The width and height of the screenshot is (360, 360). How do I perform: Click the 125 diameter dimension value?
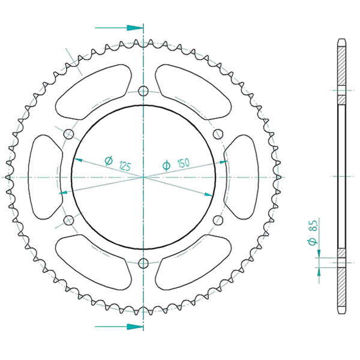[x=125, y=166]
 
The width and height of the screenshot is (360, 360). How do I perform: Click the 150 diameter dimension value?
[x=184, y=163]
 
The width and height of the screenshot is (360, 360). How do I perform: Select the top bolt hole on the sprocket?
[x=143, y=91]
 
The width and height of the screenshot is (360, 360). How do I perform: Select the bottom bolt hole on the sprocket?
[x=143, y=263]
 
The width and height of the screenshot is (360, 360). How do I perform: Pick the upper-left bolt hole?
[x=68, y=134]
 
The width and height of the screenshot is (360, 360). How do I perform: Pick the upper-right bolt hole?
[x=218, y=134]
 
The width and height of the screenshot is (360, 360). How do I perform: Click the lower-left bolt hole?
[x=68, y=220]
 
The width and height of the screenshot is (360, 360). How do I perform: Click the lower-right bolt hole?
[x=218, y=220]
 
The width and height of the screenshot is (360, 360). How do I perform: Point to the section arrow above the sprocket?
[x=119, y=28]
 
